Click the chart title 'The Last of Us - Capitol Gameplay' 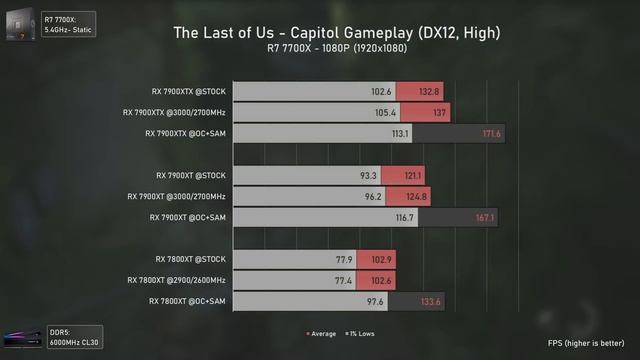pyautogui.click(x=336, y=33)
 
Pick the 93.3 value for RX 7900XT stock pyautogui.click(x=369, y=175)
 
